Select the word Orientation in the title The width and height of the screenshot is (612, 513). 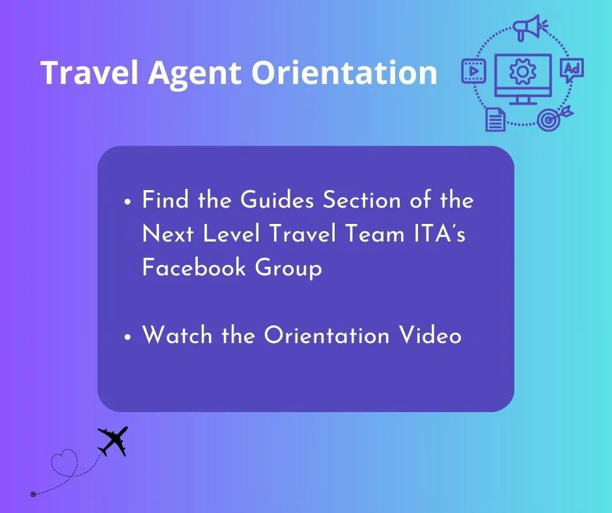[x=344, y=73]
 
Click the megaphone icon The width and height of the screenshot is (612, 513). [x=528, y=28]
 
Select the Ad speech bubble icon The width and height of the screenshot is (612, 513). [x=572, y=70]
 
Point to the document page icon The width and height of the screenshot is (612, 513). [x=495, y=118]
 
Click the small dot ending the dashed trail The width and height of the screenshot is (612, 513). [x=33, y=494]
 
